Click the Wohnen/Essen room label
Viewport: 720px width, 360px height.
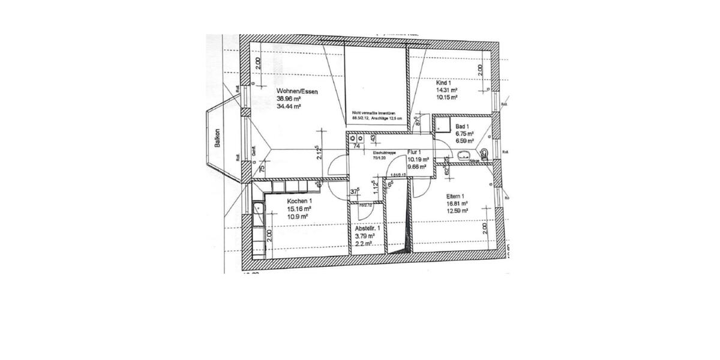tap(293, 91)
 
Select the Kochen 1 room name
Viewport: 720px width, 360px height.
tap(299, 201)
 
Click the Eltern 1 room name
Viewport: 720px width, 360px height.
tap(456, 196)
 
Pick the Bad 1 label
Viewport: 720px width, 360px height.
tap(462, 127)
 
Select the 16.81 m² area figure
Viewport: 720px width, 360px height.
tap(457, 203)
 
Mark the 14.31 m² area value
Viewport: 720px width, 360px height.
tap(447, 90)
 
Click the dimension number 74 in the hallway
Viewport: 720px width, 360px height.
tap(356, 145)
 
